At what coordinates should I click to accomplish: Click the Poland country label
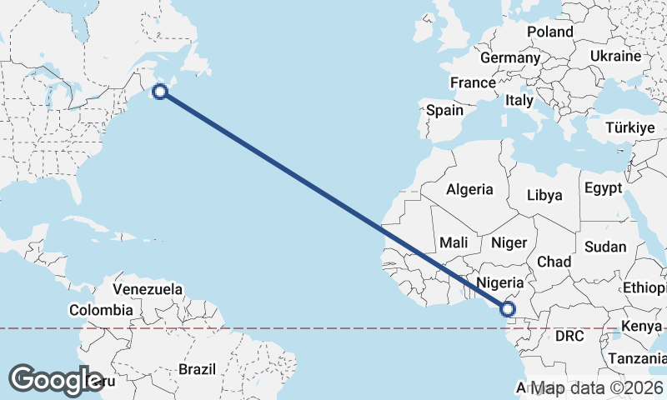550,32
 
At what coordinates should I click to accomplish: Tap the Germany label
510,58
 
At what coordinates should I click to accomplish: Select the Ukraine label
615,56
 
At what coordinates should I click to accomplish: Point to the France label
473,83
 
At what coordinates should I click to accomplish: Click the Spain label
444,110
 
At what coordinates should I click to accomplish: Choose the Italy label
519,100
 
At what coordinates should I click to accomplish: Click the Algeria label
469,189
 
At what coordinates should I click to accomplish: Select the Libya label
544,195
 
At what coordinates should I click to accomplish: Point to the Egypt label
604,187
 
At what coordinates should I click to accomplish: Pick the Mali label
454,242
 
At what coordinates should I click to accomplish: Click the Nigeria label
500,282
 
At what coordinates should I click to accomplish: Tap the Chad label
554,262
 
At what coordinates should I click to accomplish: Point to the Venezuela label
148,289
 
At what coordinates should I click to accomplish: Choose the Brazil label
198,368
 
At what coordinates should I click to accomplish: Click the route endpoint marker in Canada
161,92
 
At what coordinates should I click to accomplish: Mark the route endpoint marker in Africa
507,310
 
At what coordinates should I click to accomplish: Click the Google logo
57,380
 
